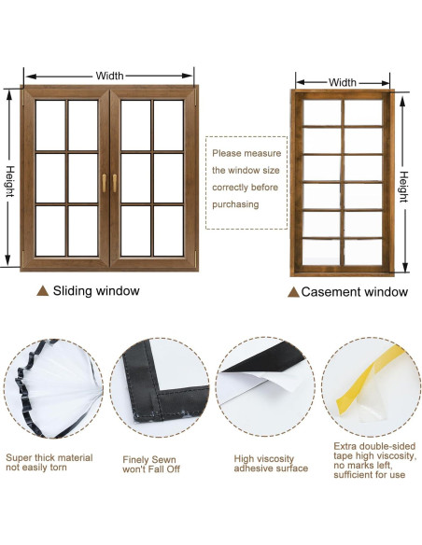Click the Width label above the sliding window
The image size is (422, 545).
coord(108,76)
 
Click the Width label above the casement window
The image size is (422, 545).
coord(343,82)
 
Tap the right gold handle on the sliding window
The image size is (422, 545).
coord(116,183)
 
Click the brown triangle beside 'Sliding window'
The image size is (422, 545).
coord(42,291)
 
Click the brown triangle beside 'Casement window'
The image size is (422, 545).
coord(293,292)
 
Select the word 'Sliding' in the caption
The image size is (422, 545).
coord(74,291)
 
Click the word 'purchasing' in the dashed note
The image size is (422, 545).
coord(235,204)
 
